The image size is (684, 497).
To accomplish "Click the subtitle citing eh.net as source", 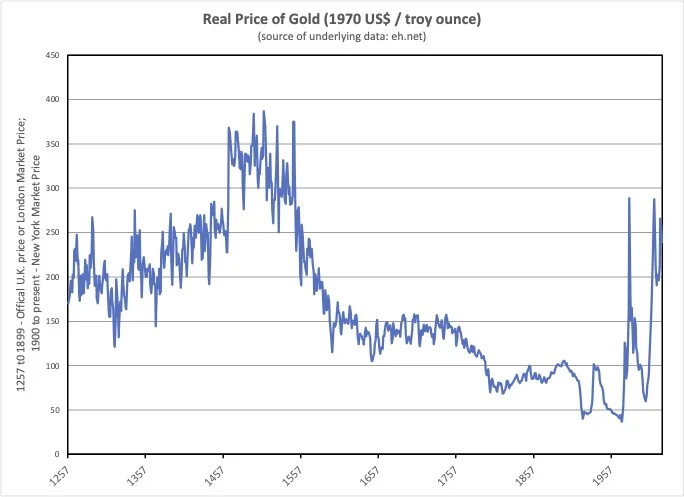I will [342, 37].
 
